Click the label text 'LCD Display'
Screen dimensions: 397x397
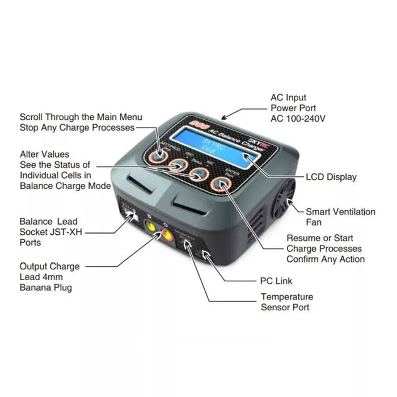click(x=331, y=177)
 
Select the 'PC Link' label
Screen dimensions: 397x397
click(x=276, y=281)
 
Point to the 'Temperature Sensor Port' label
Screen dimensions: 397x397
click(x=286, y=302)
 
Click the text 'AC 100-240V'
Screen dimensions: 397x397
click(x=298, y=119)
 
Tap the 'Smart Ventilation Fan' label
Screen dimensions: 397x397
click(x=340, y=217)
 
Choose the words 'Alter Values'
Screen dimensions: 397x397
click(x=44, y=154)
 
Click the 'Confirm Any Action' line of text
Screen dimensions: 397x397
click(x=325, y=259)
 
